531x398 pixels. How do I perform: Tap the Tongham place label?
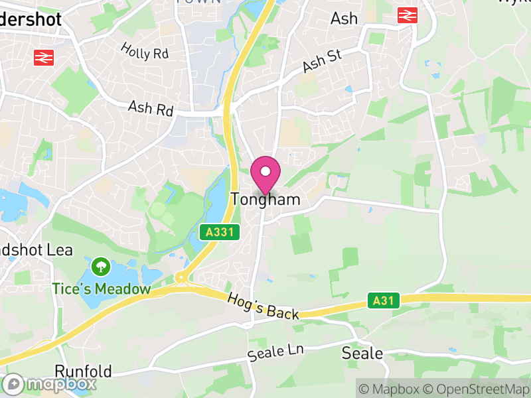tap(265, 199)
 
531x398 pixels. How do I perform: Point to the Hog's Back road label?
tap(264, 306)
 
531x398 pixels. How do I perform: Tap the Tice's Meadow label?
tap(102, 289)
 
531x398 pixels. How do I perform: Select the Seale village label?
tap(362, 353)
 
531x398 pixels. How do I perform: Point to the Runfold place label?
tap(84, 371)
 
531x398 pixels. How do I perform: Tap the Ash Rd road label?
tap(151, 107)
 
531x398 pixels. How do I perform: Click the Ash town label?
tap(344, 19)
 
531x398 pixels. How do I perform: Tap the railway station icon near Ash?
tap(406, 15)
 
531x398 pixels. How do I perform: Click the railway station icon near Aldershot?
tap(43, 58)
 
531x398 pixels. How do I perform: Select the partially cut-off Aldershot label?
tap(31, 19)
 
